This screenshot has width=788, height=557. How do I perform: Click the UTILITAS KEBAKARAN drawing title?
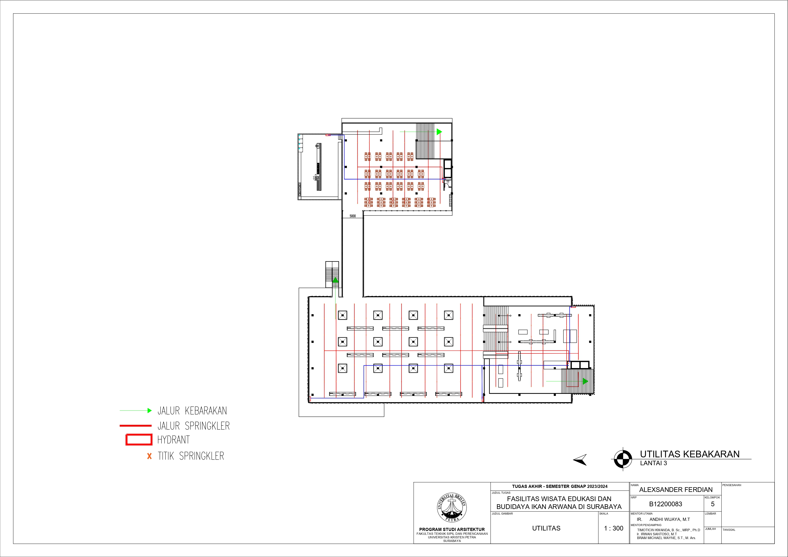[689, 454]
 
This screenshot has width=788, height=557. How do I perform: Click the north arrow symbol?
[580, 460]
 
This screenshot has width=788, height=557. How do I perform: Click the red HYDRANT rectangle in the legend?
[139, 440]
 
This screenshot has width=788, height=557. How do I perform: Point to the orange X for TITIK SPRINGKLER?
[149, 456]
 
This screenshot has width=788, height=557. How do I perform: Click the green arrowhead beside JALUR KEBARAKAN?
[150, 410]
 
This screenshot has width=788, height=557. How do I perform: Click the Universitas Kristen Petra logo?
[452, 508]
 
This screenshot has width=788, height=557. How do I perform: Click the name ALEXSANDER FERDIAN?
[676, 490]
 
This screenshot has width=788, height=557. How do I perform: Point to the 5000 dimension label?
[353, 216]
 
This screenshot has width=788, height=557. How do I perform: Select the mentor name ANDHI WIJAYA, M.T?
[670, 520]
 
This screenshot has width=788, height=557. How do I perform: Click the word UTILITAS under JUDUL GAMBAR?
[546, 528]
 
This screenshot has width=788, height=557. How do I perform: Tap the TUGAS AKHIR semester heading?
[560, 486]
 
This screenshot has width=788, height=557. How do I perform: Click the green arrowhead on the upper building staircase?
[439, 131]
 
